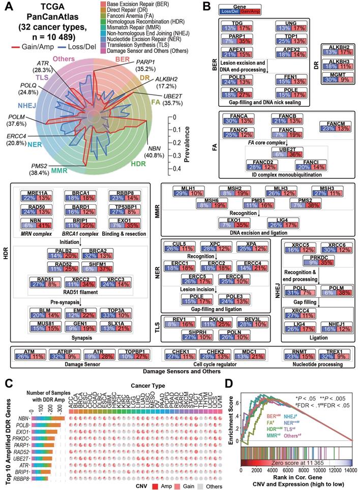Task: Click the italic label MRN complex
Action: pos(35,233)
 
